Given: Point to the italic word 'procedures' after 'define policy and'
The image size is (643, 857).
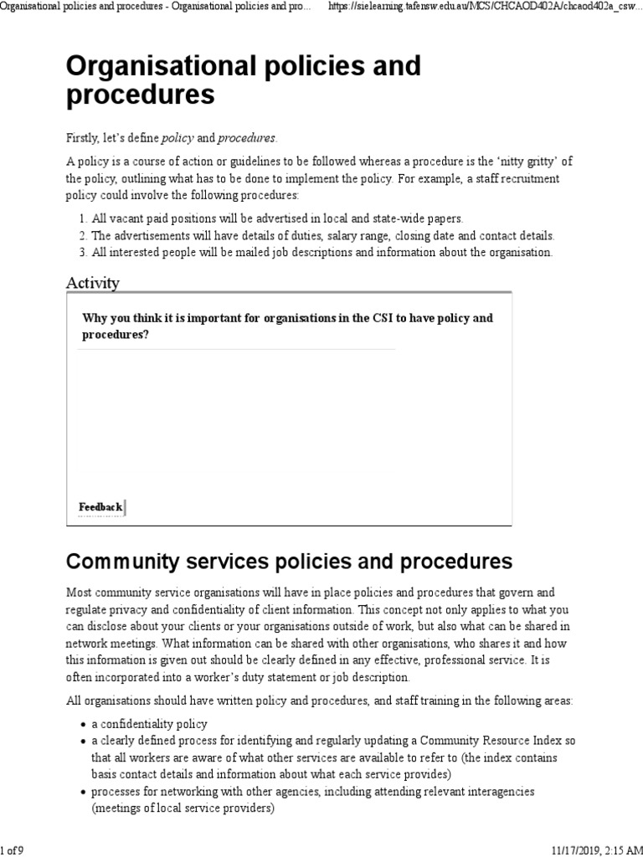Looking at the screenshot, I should coord(246,137).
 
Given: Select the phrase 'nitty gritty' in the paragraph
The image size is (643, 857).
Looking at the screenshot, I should coord(532,162).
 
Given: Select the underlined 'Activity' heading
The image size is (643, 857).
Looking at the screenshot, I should coord(93,283).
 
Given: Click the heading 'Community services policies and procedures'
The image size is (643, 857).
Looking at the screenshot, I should coord(289,560).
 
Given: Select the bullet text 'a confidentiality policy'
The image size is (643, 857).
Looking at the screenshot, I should coord(149,724).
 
